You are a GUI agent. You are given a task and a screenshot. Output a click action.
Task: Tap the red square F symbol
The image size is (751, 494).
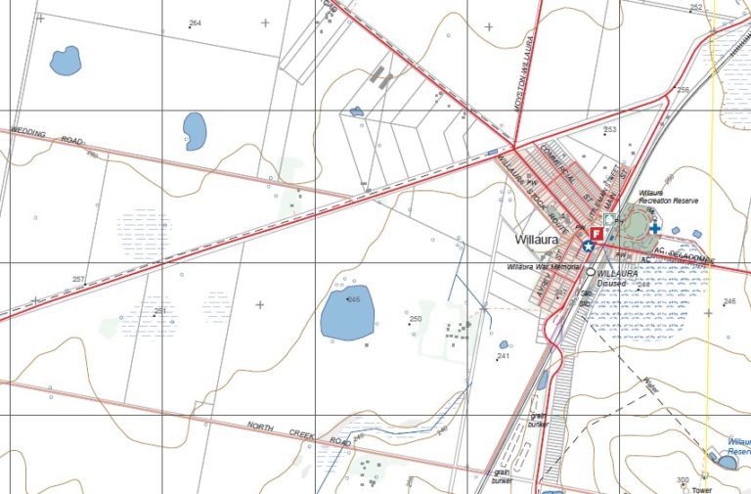[596, 233]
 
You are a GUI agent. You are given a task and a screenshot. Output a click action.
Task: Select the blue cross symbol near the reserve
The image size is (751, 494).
[654, 228]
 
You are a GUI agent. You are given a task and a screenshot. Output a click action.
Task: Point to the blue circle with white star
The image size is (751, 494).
[589, 246]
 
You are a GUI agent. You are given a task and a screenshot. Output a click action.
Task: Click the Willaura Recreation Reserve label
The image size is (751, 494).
[668, 197]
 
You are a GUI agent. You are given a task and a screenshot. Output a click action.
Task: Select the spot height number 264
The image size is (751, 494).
[195, 22]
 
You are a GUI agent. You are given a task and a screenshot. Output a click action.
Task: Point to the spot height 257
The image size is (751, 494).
[79, 280]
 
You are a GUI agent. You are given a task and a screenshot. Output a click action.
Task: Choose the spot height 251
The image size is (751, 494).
[160, 311]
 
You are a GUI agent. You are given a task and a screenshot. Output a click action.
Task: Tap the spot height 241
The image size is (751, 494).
[503, 356]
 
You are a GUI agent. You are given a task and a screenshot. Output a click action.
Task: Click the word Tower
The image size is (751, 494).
[700, 489]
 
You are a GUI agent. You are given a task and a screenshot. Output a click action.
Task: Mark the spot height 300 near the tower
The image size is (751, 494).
[683, 479]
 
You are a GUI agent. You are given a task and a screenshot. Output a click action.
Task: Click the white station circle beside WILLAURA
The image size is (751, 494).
[591, 273]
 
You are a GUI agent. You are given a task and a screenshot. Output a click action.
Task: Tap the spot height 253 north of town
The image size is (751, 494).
[610, 129]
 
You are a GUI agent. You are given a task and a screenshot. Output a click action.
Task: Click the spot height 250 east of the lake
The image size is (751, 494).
[415, 319]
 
